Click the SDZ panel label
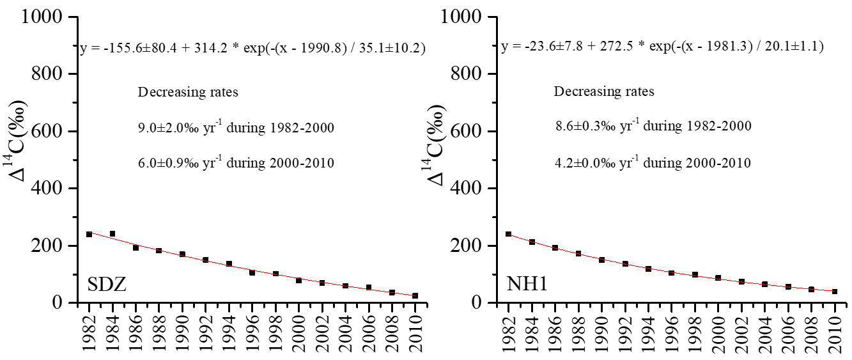click(107, 284)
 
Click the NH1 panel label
click(528, 284)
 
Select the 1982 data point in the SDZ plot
click(89, 234)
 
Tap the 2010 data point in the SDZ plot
click(415, 295)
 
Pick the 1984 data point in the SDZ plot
click(112, 234)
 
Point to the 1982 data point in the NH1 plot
click(509, 234)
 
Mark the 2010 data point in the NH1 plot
click(835, 292)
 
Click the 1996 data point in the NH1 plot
click(672, 273)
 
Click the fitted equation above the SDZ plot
click(252, 48)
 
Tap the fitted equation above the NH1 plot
click(662, 47)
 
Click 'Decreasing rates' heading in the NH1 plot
click(604, 91)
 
